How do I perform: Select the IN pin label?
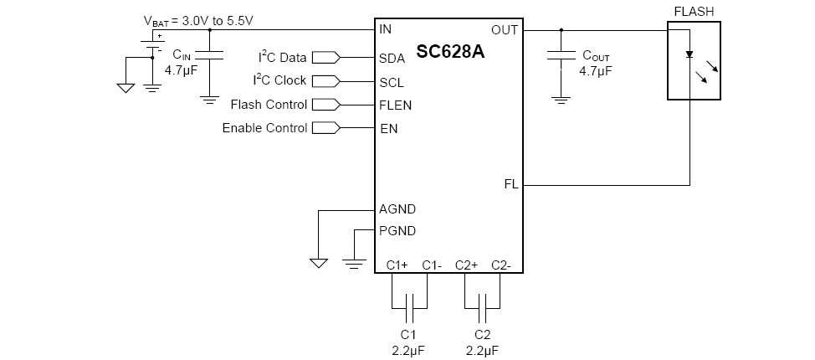tap(385, 29)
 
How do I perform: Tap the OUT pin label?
tap(505, 29)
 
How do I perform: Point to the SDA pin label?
tap(392, 59)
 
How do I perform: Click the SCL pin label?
tap(392, 82)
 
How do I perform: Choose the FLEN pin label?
tap(395, 105)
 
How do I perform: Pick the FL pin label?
tap(510, 184)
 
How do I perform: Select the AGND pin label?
tap(397, 209)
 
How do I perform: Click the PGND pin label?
tap(397, 231)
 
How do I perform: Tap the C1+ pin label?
tap(397, 265)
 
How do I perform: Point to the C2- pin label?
tap(501, 265)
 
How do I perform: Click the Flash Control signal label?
tap(268, 105)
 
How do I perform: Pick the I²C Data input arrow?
tap(325, 58)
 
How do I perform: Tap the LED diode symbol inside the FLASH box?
tap(689, 54)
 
